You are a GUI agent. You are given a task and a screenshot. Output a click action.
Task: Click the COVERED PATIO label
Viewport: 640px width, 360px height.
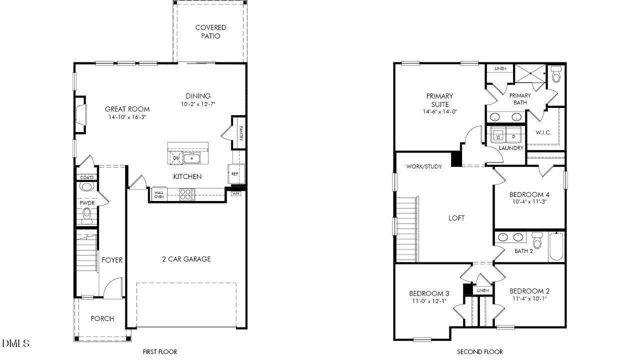point(210,31)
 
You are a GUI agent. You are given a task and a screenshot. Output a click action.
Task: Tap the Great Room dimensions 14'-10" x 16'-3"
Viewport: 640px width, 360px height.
point(127,117)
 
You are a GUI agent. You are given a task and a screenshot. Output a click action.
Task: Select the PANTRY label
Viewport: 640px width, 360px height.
point(241,133)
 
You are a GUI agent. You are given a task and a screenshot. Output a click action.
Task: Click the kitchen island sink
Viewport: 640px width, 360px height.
point(192,158)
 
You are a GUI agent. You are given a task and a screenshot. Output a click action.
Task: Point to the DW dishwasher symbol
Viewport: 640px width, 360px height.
point(175,158)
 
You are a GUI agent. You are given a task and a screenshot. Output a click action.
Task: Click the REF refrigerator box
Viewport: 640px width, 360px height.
point(235,174)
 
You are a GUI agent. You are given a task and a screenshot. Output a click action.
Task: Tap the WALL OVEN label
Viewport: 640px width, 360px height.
point(159,194)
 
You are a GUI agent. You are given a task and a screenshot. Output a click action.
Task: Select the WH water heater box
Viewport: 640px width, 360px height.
point(236,193)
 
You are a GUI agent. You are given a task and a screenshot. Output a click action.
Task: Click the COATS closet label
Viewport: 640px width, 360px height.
point(87,177)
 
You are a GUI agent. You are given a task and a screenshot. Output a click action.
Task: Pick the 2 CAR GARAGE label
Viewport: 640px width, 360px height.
point(186,259)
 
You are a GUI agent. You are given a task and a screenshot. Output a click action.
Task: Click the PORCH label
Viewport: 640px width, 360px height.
point(102,318)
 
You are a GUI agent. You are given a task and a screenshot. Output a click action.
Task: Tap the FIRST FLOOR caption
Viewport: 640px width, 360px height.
point(160,352)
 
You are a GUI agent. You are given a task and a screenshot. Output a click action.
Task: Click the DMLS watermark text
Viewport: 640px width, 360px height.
point(15,343)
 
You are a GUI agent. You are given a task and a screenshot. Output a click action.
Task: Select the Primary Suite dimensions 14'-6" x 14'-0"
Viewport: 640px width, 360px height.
point(439,112)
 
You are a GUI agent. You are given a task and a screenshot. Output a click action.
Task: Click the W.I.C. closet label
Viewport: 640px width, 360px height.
point(543,132)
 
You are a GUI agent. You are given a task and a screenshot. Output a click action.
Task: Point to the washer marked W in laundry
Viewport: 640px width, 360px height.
point(498,135)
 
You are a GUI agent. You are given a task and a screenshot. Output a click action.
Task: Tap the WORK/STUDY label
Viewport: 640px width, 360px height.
point(424,166)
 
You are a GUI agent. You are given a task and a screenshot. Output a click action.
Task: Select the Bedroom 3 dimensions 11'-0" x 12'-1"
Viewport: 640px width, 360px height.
point(429,301)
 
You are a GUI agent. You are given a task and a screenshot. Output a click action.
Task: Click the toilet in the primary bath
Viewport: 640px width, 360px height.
point(556,75)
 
